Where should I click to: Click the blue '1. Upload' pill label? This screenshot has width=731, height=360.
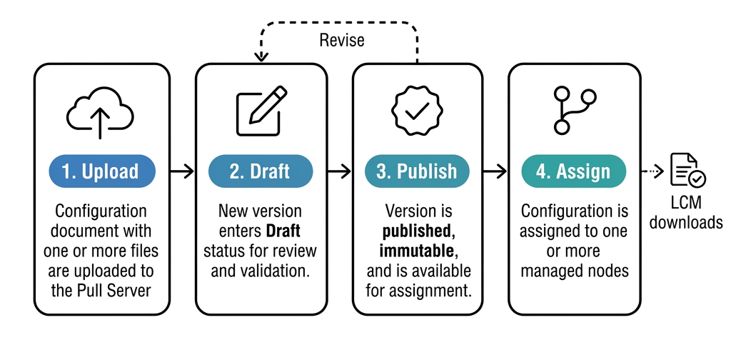(x=102, y=171)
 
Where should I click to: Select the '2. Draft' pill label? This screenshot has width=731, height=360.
(x=260, y=171)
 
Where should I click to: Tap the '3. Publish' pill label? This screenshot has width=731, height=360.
(x=417, y=171)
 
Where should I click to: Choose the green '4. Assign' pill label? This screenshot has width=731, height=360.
(x=573, y=171)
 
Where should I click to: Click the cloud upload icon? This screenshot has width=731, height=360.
(x=101, y=112)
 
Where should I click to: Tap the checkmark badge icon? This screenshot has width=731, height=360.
(x=417, y=111)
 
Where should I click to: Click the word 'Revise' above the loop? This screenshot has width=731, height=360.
(x=341, y=40)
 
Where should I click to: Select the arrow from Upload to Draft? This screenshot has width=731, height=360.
(x=182, y=171)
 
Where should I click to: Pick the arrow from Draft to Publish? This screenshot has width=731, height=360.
(x=340, y=171)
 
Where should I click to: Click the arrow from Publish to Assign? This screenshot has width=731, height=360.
(x=495, y=171)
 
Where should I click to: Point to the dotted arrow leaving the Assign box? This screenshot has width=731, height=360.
(x=651, y=171)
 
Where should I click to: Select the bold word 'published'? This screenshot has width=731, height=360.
(x=416, y=231)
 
